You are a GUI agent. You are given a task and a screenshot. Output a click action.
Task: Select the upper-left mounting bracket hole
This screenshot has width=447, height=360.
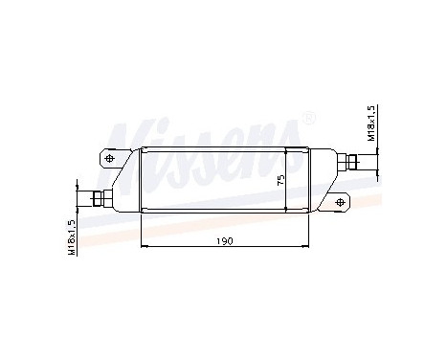[x=109, y=158]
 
